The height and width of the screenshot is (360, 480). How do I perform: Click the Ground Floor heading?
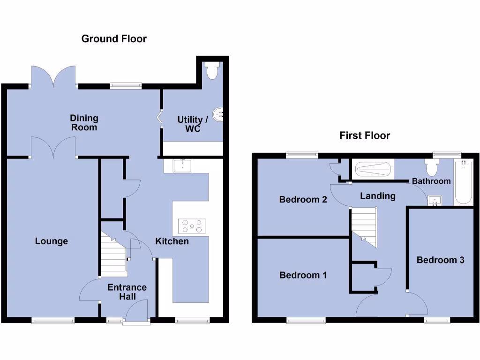114,38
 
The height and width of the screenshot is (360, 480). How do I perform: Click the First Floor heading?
365,135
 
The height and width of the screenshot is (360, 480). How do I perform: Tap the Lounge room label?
52,241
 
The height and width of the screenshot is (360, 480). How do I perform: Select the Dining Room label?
84,122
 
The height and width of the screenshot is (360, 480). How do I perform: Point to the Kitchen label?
172,241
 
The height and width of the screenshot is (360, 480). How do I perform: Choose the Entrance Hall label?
127,292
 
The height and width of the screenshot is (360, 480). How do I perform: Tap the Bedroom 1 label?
303,275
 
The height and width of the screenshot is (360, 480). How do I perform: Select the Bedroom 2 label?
303,199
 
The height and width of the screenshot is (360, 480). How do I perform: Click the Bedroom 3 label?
441,260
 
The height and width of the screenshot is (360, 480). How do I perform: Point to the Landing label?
378,196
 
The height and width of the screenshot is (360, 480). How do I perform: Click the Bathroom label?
431,181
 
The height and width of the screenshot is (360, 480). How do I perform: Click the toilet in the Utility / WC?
212,71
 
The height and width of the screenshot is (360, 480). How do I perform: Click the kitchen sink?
182,165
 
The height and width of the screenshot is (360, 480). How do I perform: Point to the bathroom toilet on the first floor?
431,167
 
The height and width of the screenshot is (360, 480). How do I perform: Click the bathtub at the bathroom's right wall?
463,182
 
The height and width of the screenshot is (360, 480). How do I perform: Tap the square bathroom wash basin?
435,201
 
